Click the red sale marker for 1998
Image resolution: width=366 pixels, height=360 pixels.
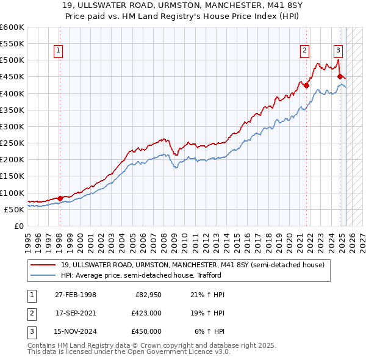tap(60, 198)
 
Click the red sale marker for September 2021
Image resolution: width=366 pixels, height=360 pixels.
tap(306, 85)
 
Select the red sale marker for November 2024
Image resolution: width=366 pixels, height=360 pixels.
tap(340, 76)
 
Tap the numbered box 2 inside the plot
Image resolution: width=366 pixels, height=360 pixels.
tap(304, 51)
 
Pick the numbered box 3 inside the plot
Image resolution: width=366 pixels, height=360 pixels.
tap(338, 51)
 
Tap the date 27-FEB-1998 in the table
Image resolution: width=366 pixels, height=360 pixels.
tap(76, 295)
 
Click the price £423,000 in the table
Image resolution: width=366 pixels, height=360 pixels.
tap(146, 313)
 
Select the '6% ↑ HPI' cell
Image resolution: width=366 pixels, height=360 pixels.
tap(210, 331)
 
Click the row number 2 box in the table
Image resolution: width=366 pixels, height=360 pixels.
tap(30, 313)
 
